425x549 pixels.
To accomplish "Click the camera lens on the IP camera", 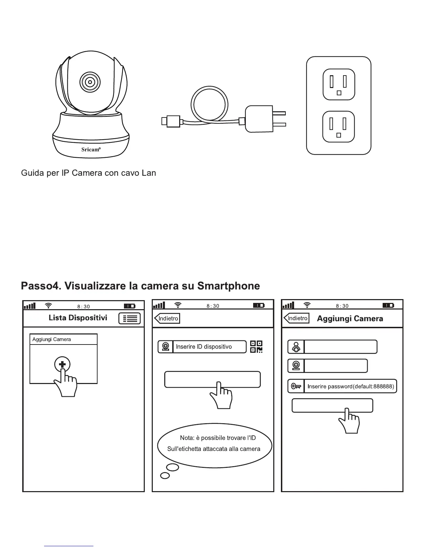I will click(x=90, y=82).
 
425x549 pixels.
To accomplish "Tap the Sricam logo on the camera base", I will click(x=91, y=149).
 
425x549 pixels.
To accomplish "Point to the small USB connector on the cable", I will click(x=170, y=121).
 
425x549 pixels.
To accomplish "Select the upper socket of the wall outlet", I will click(x=339, y=84).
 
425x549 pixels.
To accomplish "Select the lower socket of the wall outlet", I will click(x=339, y=127).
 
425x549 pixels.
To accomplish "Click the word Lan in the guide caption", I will click(x=149, y=173).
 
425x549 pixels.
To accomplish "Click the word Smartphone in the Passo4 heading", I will click(x=228, y=286).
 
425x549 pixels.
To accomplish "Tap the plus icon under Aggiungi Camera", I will click(x=62, y=365).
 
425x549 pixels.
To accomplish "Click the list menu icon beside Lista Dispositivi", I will click(x=130, y=318).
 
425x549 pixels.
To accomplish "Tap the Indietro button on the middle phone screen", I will click(x=167, y=318).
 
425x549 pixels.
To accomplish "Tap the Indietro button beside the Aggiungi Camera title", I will click(x=297, y=318).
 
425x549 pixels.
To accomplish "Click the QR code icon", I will click(x=256, y=347).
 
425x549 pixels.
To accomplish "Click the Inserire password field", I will click(x=350, y=386).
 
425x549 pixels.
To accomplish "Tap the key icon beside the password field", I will click(x=296, y=386).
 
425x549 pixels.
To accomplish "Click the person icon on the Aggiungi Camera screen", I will click(x=296, y=347).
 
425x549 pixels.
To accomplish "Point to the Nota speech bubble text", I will click(x=214, y=444).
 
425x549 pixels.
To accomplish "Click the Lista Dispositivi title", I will click(x=78, y=318).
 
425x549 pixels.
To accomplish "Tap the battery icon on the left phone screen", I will click(x=130, y=306).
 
